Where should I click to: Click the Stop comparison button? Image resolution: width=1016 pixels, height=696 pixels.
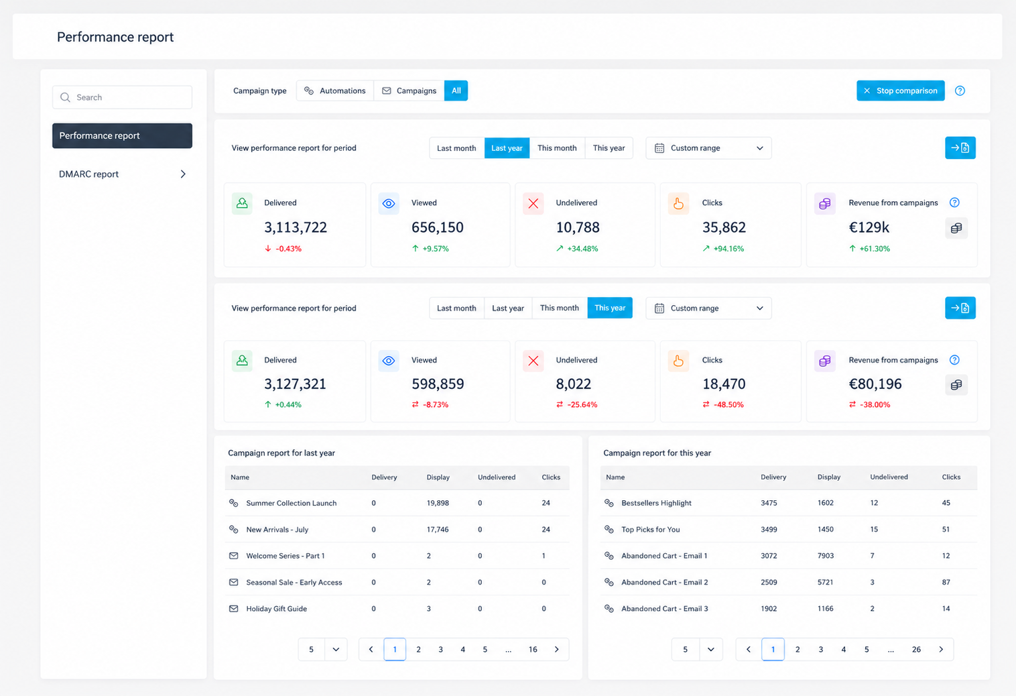click(900, 91)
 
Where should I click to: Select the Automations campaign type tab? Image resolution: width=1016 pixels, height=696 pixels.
click(334, 91)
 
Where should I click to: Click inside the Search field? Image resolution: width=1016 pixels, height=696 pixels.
click(122, 97)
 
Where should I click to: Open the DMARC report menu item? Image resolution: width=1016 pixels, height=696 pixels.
click(122, 174)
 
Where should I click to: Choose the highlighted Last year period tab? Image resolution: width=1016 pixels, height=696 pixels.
click(507, 148)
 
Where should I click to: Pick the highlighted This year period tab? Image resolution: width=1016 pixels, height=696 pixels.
click(610, 308)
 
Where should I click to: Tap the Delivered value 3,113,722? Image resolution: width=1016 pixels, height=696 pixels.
click(296, 227)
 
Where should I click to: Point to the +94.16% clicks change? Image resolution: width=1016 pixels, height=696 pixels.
click(728, 249)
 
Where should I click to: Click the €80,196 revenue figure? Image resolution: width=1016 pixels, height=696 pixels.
click(875, 384)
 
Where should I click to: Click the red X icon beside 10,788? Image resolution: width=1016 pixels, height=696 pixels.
click(533, 203)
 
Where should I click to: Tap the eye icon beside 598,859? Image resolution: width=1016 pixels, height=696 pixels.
click(388, 361)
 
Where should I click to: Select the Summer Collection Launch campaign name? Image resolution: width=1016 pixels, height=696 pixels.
click(291, 503)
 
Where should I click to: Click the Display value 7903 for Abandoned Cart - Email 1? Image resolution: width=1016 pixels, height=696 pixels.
click(826, 555)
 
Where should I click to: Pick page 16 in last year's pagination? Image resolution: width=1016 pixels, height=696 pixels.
click(533, 649)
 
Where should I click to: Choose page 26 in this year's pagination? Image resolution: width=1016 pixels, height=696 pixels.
click(916, 649)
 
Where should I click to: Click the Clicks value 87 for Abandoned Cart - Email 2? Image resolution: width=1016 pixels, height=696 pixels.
click(946, 582)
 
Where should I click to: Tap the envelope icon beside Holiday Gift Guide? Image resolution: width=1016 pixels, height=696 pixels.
click(234, 608)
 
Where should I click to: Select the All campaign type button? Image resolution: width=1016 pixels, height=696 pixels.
click(456, 91)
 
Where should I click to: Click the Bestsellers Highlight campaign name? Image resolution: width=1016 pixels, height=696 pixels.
click(656, 503)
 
